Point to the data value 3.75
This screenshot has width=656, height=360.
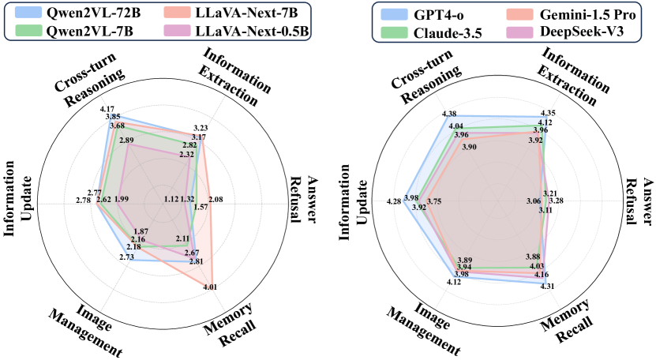point(434,202)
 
